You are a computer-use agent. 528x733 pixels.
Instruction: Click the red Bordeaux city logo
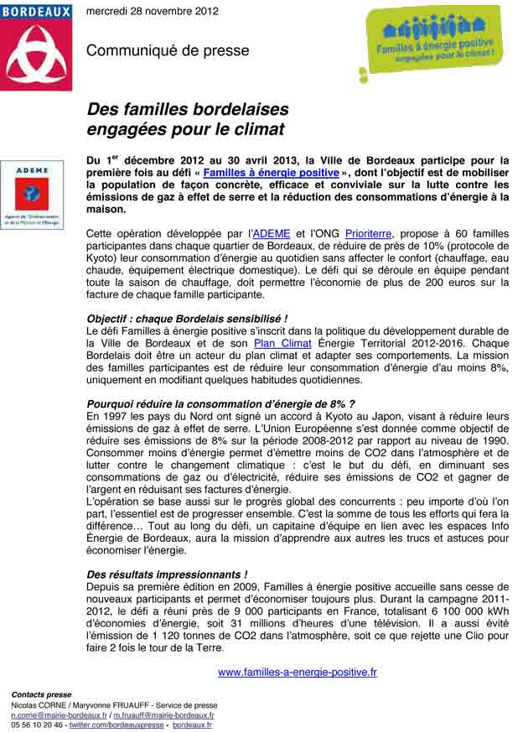(36, 46)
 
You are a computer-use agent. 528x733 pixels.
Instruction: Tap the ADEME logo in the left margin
(32, 195)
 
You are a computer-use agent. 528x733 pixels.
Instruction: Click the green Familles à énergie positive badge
(433, 45)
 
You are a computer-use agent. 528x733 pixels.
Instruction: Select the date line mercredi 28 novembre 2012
(153, 11)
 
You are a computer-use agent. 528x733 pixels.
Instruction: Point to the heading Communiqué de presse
(168, 51)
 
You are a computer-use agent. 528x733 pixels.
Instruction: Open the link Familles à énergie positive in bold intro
(271, 172)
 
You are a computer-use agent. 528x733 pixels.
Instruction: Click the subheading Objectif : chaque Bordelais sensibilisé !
(187, 319)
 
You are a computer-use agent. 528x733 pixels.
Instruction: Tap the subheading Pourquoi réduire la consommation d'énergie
(220, 403)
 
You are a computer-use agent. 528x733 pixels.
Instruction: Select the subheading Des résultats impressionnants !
(167, 574)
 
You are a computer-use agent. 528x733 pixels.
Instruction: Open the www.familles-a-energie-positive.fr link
(297, 672)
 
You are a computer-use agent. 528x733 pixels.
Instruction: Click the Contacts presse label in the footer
(41, 695)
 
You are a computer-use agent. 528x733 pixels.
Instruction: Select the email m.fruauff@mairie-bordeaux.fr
(164, 715)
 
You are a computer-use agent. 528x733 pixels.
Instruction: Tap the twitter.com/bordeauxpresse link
(116, 725)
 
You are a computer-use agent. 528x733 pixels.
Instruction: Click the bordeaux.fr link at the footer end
(191, 725)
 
